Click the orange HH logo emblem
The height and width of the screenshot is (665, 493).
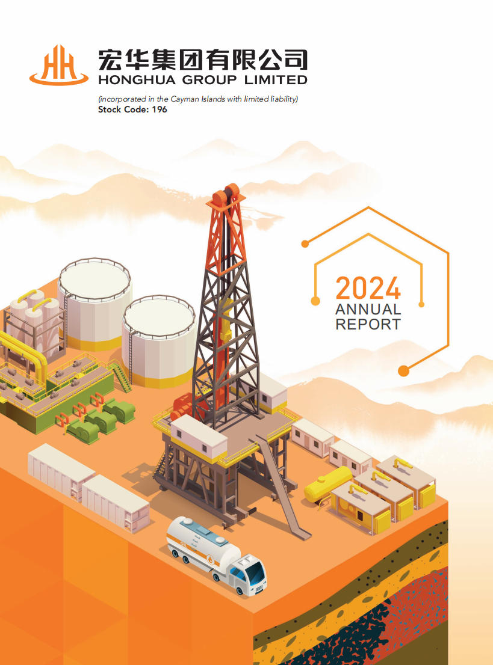[58, 65]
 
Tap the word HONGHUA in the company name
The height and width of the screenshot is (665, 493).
[137, 80]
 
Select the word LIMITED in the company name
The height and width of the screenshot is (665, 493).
[276, 80]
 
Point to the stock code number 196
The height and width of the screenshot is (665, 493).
[160, 109]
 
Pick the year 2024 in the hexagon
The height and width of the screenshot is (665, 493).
[368, 289]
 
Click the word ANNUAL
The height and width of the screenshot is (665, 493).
[368, 309]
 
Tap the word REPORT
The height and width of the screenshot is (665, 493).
[368, 325]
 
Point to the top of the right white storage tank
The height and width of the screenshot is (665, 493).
[159, 317]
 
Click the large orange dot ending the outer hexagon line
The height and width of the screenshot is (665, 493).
[404, 370]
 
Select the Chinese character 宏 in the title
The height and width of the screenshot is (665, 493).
[111, 60]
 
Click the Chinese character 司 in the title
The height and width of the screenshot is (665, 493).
[296, 60]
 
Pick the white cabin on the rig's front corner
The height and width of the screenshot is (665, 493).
[199, 438]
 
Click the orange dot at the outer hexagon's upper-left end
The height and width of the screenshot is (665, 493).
[305, 244]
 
